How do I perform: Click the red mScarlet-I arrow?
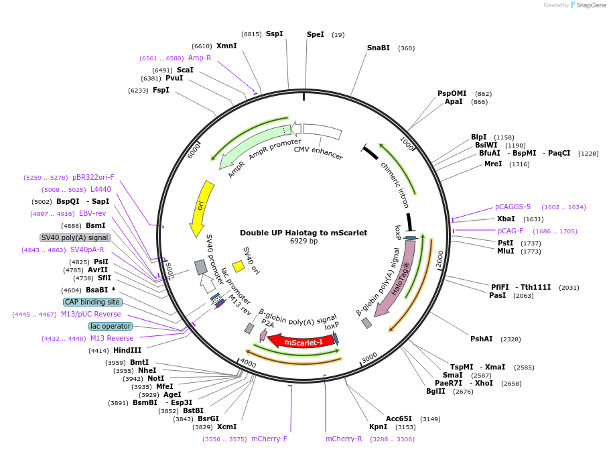point(301,341)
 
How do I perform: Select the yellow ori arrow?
point(202,206)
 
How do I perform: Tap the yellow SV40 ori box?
point(238,266)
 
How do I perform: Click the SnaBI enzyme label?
point(378,48)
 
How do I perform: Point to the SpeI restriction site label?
point(315,34)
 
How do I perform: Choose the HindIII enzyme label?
point(127,350)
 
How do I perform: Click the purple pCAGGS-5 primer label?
point(513,207)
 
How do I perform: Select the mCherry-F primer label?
point(269,439)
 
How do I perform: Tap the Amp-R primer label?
point(200,58)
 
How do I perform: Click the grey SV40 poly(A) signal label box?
point(75,237)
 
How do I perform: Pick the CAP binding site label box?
point(93,302)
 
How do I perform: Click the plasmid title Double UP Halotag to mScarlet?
point(303,233)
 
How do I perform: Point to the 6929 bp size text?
point(303,241)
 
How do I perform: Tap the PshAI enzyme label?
point(481,339)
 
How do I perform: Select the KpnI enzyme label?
point(378,427)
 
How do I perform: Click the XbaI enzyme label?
point(506,219)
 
